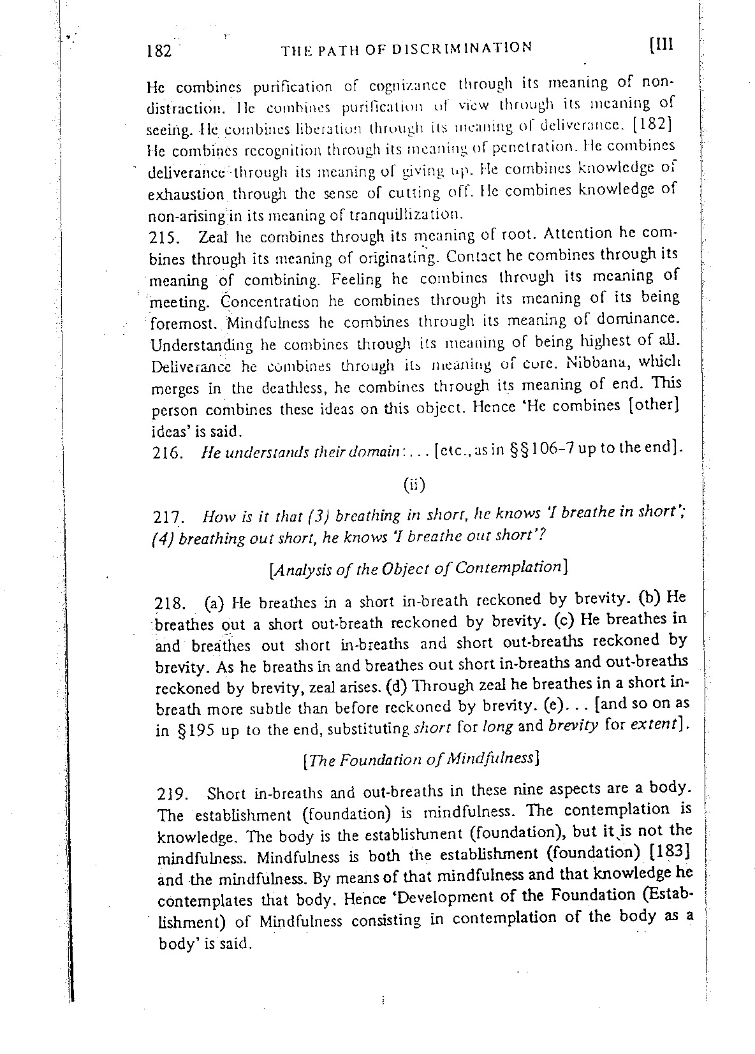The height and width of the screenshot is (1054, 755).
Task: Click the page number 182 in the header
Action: coord(159,50)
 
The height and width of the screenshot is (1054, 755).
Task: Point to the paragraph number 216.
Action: coord(166,454)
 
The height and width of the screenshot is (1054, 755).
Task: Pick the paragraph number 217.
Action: coord(170,517)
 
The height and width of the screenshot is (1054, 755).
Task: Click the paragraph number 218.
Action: coord(170,603)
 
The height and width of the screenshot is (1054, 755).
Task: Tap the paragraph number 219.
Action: coord(172,795)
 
